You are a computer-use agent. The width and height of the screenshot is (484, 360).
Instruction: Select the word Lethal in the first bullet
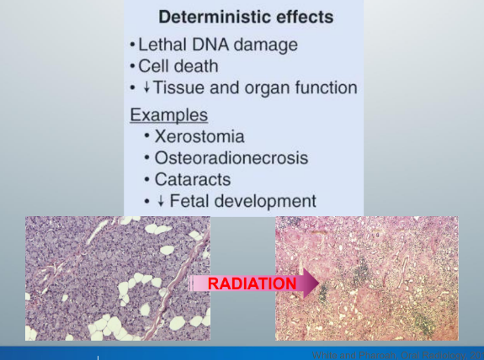tap(167, 43)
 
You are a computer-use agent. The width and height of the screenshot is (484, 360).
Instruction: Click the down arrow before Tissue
tap(147, 87)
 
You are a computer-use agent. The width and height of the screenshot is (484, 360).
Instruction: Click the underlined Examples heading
tap(168, 114)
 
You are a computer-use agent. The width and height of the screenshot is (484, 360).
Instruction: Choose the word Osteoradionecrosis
tap(231, 157)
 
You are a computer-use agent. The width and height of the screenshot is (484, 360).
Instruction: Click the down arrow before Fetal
tap(160, 202)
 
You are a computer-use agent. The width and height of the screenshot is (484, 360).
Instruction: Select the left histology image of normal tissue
tap(117, 278)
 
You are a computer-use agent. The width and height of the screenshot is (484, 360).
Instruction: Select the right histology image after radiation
tap(366, 278)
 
